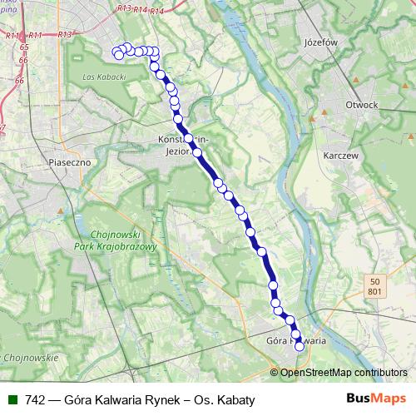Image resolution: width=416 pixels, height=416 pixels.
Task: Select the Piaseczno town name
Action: point(69,162)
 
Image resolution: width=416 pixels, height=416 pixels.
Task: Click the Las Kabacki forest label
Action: point(104,77)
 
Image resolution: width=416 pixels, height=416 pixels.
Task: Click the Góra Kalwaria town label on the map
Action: point(295,340)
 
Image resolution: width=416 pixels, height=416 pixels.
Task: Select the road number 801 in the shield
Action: point(374,291)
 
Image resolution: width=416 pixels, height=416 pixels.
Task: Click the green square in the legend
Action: point(12,399)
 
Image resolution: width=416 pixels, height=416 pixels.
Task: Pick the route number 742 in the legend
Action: point(35,399)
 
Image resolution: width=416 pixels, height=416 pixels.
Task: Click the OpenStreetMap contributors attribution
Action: point(344,372)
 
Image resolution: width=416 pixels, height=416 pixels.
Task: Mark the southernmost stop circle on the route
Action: point(300,348)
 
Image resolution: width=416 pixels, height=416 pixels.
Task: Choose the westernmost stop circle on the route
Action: point(118,55)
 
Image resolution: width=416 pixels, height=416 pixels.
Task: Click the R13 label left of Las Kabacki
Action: point(65,34)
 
